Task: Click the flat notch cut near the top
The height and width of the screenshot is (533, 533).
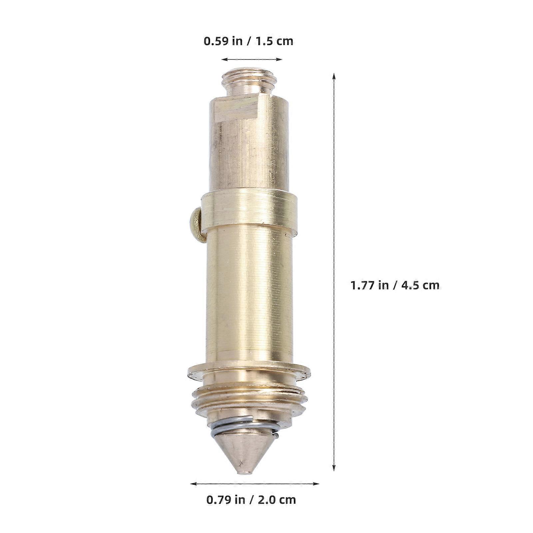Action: [238, 109]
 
